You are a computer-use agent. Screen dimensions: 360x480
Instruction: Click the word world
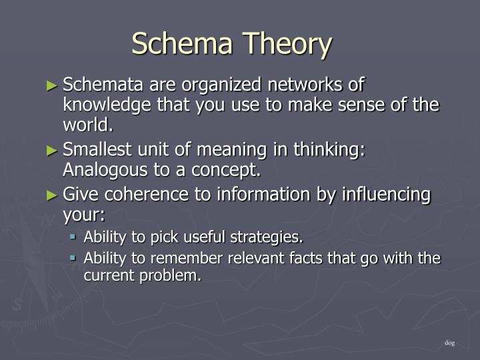[x=85, y=125]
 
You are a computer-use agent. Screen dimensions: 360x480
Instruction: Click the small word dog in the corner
[x=449, y=343]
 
